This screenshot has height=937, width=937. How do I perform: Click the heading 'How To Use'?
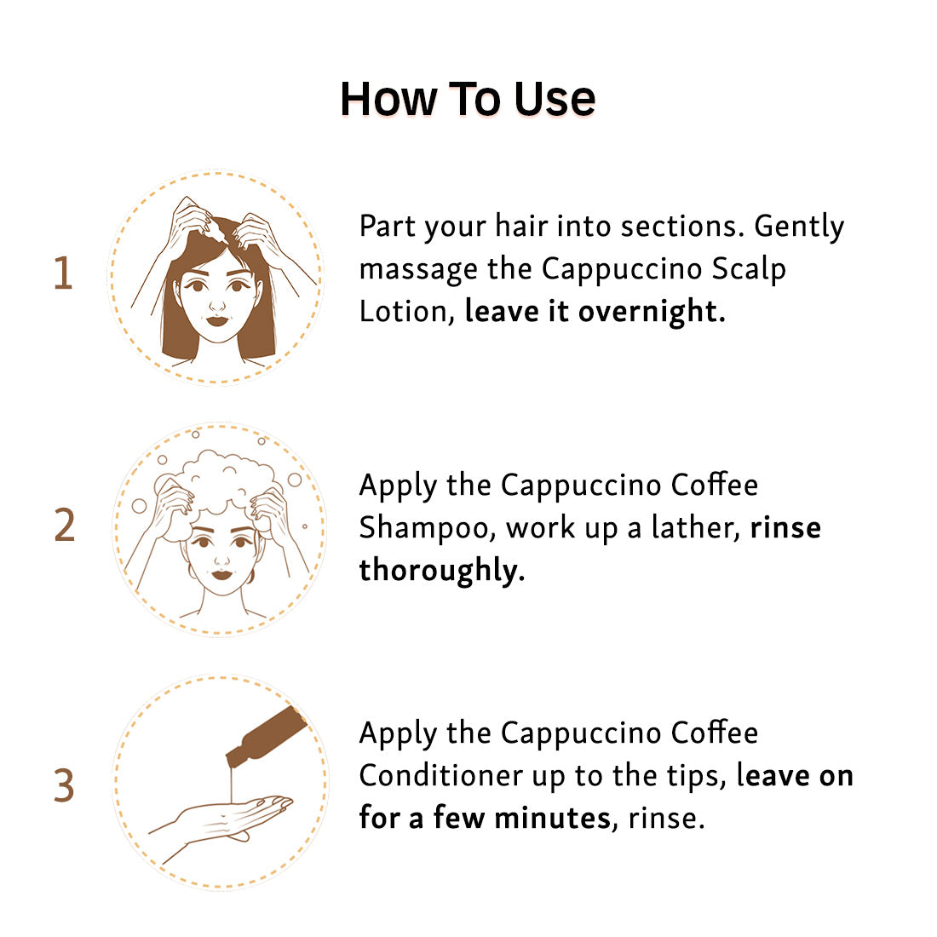[468, 99]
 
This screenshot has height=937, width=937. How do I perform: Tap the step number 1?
[63, 273]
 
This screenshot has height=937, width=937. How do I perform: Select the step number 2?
[65, 526]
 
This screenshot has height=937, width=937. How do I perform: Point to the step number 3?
[64, 785]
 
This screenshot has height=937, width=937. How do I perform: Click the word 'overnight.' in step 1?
[652, 311]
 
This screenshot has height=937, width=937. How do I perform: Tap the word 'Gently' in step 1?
[799, 227]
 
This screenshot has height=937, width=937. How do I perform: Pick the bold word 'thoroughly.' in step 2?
[441, 570]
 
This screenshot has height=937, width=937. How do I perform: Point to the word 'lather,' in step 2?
[696, 527]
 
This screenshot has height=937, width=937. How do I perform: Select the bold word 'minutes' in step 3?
[553, 818]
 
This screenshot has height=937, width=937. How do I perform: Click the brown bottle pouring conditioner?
[266, 736]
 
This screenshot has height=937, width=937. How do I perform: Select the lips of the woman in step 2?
[221, 575]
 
